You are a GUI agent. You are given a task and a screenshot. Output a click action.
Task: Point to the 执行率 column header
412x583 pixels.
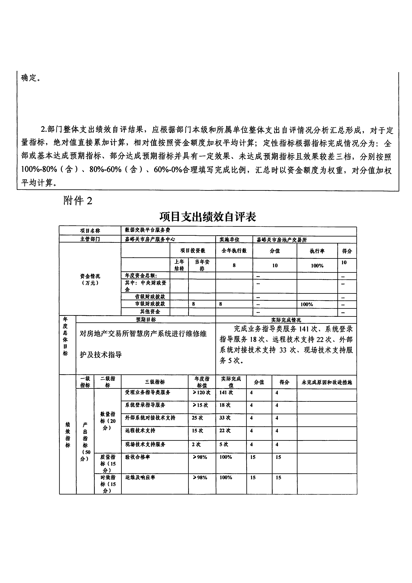317,251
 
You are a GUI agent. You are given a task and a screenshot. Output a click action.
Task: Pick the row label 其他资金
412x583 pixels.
150,311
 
